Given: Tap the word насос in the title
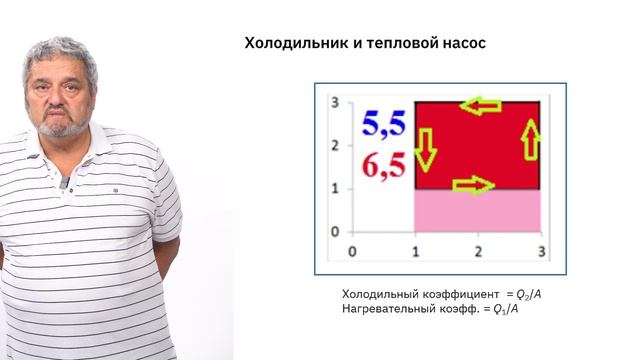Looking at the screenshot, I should [x=463, y=44].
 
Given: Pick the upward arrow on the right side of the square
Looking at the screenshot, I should [x=531, y=140].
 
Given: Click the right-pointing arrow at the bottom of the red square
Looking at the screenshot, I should [x=472, y=183].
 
